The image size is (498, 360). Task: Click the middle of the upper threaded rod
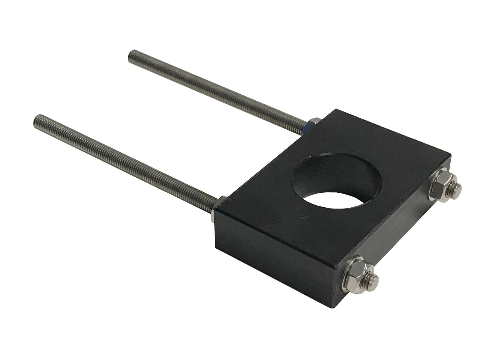[x=218, y=88]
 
